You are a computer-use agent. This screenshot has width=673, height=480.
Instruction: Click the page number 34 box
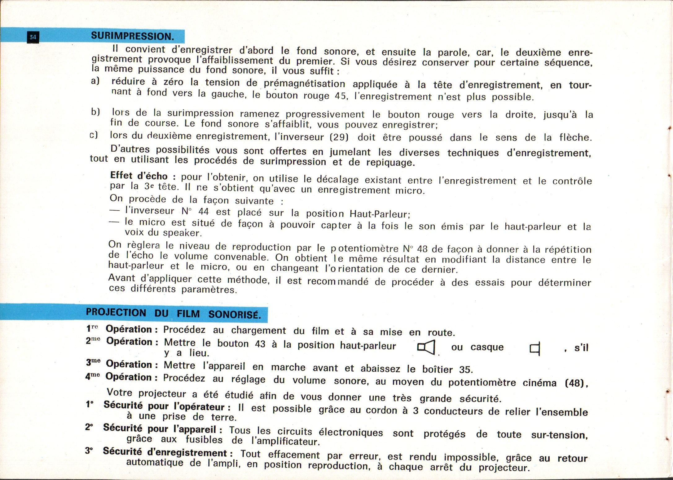click(33, 38)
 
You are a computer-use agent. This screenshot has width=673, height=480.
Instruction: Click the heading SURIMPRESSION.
click(132, 36)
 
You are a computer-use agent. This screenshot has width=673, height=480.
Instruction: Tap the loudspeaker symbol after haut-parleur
click(426, 347)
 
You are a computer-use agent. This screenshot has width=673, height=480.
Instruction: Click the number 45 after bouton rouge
click(340, 96)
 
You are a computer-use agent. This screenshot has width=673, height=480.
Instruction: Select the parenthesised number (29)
click(340, 137)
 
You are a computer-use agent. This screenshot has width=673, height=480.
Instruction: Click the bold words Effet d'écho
click(139, 176)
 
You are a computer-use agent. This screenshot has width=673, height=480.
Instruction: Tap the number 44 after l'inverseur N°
click(203, 212)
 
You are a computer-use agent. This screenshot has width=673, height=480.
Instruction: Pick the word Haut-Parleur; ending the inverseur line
click(380, 214)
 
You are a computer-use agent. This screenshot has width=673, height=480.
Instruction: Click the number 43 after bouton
click(260, 344)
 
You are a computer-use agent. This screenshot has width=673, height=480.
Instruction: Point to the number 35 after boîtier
click(465, 370)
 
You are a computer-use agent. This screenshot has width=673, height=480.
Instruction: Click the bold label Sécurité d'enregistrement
click(168, 452)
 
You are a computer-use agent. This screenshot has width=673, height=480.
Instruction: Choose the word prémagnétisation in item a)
click(304, 83)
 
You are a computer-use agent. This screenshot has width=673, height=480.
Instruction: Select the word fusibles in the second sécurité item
click(204, 440)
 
